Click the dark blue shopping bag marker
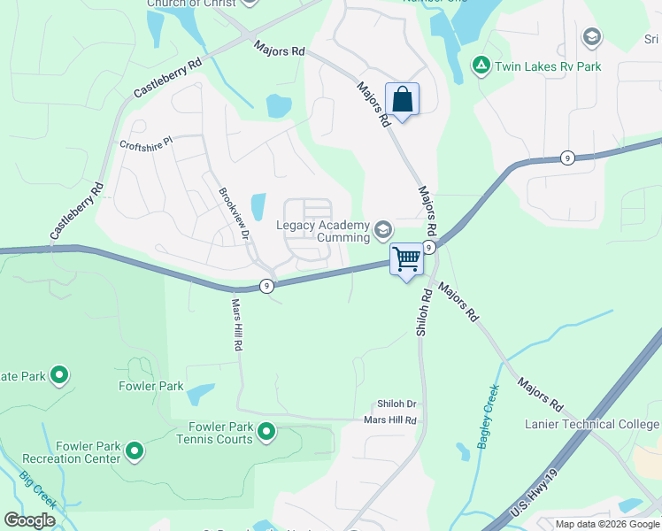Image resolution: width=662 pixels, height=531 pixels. [402, 100]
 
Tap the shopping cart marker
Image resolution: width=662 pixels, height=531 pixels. [406, 260]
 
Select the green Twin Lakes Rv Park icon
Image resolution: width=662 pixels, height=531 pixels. [481, 65]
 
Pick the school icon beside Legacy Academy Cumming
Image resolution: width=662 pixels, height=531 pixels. [383, 231]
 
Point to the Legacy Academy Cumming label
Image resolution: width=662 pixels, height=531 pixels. [323, 232]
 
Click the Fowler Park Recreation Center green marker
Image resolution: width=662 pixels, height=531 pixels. [135, 452]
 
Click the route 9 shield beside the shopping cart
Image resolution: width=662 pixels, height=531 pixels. [427, 247]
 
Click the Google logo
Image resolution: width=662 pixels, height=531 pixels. [30, 520]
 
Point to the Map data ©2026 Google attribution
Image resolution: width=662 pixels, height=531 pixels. [607, 524]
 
